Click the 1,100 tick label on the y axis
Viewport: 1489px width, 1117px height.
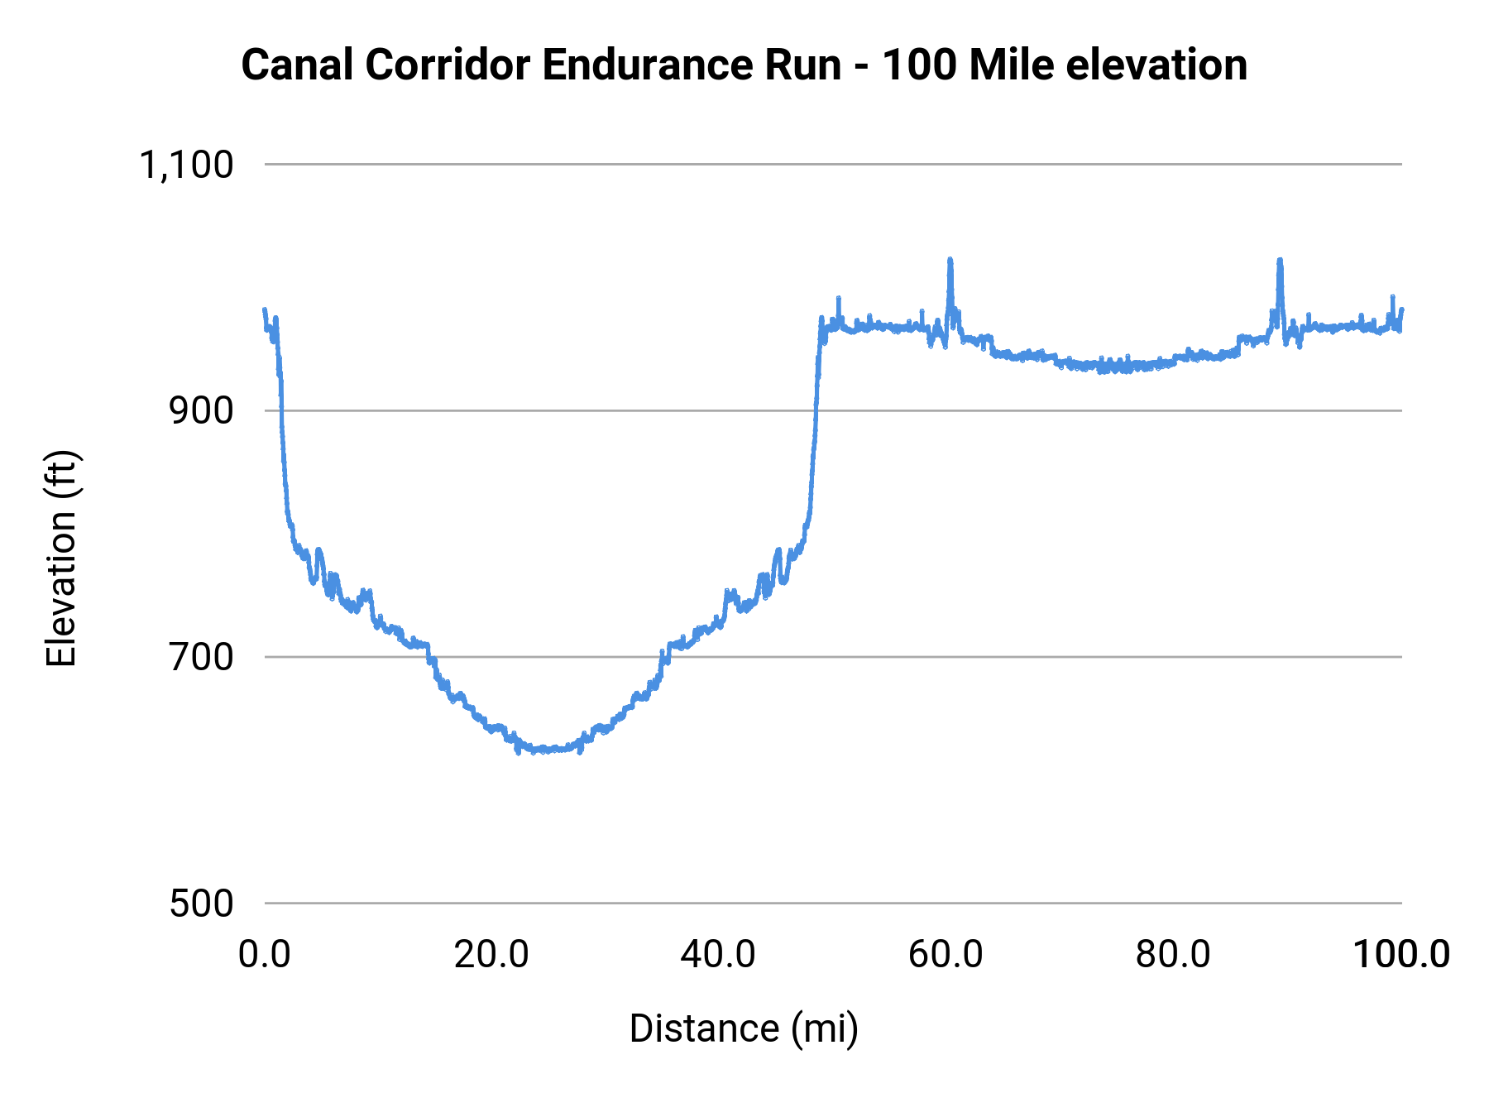[x=186, y=165]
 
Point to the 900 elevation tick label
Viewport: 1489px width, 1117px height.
[x=201, y=411]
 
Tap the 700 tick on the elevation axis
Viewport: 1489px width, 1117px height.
[x=201, y=658]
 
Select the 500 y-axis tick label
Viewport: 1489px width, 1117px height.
[x=201, y=904]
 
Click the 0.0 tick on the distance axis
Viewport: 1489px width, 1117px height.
[x=265, y=955]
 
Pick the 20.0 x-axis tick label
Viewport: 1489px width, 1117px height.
[x=491, y=955]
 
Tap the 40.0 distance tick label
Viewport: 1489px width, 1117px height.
[x=718, y=955]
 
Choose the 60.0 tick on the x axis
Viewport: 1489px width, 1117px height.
[x=946, y=955]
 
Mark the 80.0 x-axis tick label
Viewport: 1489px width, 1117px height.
[x=1173, y=955]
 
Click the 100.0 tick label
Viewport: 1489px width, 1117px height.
[x=1400, y=955]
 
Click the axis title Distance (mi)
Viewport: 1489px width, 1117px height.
[x=744, y=1029]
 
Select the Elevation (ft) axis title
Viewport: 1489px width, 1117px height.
[x=61, y=558]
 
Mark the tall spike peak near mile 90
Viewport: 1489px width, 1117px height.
[x=1280, y=261]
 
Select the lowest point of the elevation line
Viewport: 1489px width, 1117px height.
[x=518, y=752]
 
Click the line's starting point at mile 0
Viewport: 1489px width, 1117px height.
[x=265, y=310]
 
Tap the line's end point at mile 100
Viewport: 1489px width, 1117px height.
[x=1401, y=310]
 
